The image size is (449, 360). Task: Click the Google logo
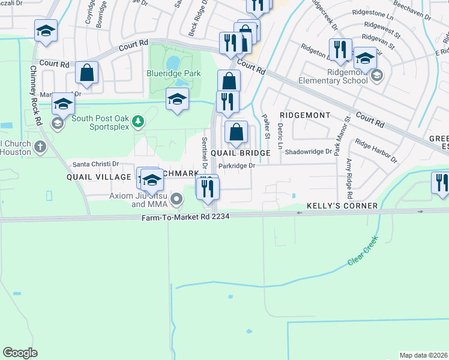20,353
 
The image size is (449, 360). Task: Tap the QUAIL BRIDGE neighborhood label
240,153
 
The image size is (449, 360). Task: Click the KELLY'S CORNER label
342,206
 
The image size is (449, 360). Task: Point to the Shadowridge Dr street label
309,152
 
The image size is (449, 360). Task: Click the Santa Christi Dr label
96,164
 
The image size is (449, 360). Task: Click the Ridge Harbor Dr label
376,151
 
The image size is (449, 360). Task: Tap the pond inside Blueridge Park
173,62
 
